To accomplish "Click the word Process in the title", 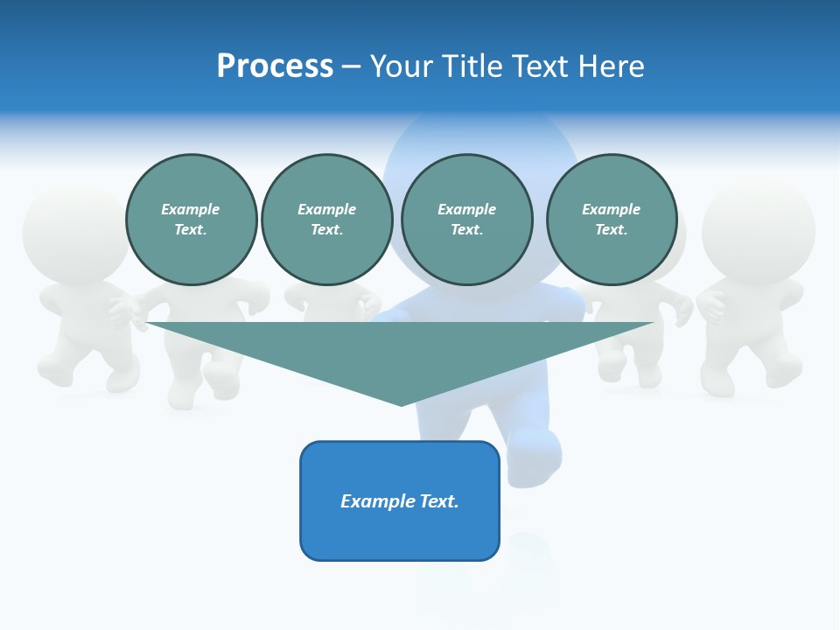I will tap(275, 66).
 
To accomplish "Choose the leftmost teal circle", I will tap(192, 220).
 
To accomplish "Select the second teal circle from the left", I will tap(327, 220).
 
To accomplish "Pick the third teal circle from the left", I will tap(467, 220).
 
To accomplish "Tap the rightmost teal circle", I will tap(612, 220).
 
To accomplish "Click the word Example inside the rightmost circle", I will tap(612, 209).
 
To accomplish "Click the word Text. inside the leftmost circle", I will tap(191, 230).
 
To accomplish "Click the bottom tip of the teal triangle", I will tap(401, 403).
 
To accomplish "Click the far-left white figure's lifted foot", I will tap(122, 376).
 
